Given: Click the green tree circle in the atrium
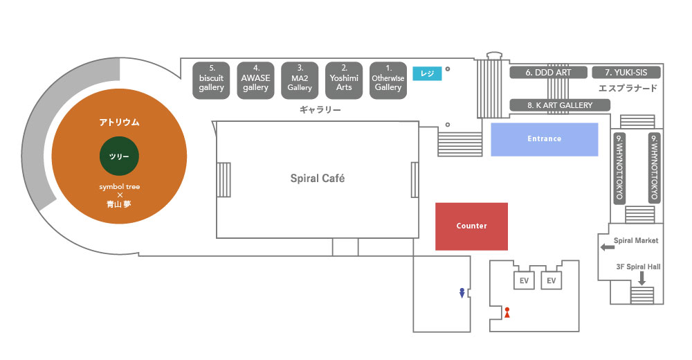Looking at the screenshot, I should click(119, 156).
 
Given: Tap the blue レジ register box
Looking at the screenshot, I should click(427, 72).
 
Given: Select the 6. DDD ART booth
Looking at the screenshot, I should click(548, 72).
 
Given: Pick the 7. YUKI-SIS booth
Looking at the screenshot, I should click(626, 72).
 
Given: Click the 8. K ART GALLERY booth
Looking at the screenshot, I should click(561, 105).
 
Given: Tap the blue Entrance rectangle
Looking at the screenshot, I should click(544, 139).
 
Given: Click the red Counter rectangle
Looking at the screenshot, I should click(471, 226).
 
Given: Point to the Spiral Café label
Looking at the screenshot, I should click(318, 179).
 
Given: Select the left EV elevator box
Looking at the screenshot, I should click(524, 280).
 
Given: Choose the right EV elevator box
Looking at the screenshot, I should click(552, 280).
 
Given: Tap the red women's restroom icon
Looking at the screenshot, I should click(507, 312).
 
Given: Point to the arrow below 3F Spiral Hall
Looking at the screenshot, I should click(641, 278).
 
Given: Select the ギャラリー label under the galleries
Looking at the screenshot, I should click(320, 110).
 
